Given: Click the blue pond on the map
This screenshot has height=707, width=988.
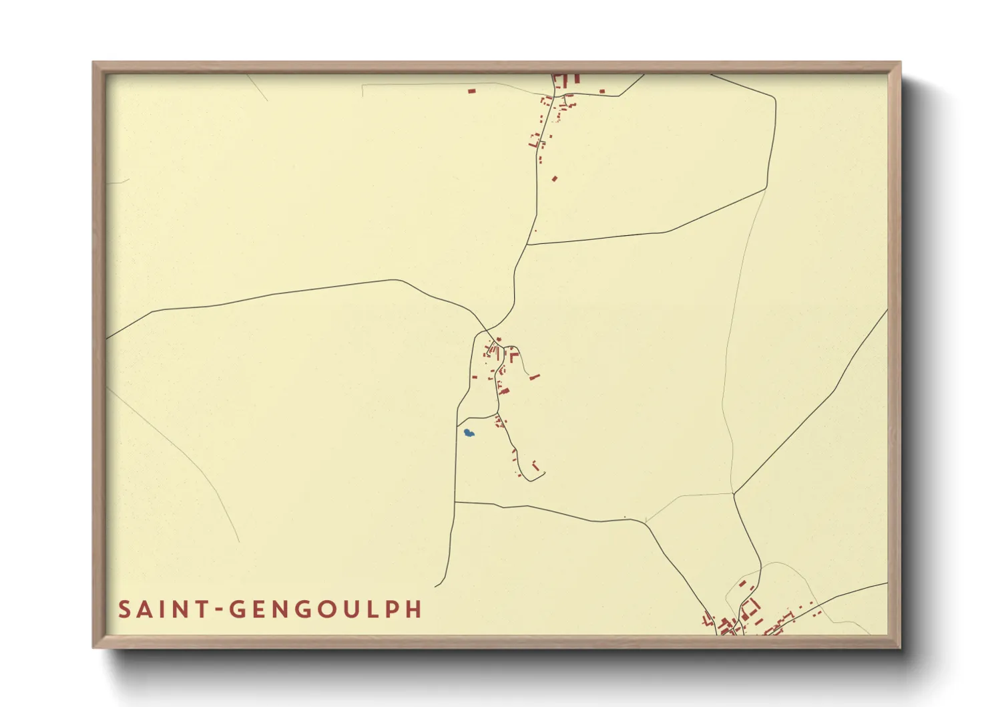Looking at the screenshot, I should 469,433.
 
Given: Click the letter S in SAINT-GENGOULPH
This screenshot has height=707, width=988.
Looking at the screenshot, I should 125,609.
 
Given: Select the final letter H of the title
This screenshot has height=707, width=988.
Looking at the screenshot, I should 413,609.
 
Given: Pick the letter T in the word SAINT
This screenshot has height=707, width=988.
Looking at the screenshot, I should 200,609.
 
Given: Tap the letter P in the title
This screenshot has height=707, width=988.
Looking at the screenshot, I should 392,609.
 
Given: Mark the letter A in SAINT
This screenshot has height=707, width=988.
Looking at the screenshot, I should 145,609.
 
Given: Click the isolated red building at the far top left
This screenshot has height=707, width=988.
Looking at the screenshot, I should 472,90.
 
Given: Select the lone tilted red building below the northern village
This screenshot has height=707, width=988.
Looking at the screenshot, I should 554,178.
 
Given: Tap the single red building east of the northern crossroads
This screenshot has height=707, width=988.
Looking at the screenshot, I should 603,91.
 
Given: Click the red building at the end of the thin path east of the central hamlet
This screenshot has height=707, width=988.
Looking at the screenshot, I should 534,378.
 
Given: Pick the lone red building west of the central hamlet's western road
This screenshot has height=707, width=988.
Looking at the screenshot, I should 475,378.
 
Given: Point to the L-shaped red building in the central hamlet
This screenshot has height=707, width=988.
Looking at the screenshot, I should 513,356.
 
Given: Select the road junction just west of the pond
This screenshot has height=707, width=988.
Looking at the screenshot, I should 457,425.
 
